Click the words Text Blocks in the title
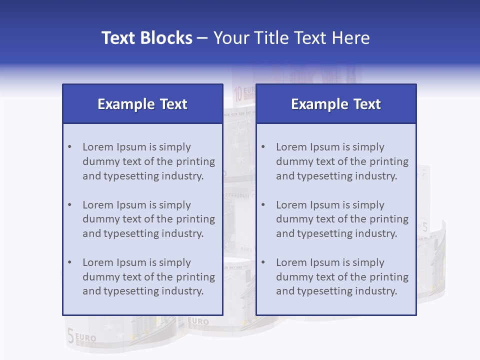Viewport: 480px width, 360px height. coord(146,38)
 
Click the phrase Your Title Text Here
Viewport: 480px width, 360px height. coord(291,38)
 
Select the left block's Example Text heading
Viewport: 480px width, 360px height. coord(142,104)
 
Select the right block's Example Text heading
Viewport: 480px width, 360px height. coord(336,104)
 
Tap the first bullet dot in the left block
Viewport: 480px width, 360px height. coord(69,147)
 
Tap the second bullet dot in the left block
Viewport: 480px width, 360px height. coord(69,205)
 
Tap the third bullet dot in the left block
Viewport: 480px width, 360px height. coord(69,262)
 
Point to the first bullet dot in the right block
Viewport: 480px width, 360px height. coord(263,147)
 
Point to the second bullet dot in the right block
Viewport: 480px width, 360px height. coord(263,205)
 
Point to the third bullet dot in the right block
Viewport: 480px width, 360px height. coord(263,262)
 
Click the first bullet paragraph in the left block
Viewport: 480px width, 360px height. coord(148,161)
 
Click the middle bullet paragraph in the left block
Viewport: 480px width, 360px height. coord(148,219)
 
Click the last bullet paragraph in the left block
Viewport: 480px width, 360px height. coord(148,277)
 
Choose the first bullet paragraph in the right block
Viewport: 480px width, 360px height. coord(342,161)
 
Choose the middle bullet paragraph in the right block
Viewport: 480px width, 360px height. coord(342,219)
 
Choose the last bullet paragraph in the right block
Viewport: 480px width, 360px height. coord(342,277)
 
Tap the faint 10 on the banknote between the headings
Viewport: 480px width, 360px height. coord(238,93)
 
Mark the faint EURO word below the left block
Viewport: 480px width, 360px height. coord(198,322)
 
